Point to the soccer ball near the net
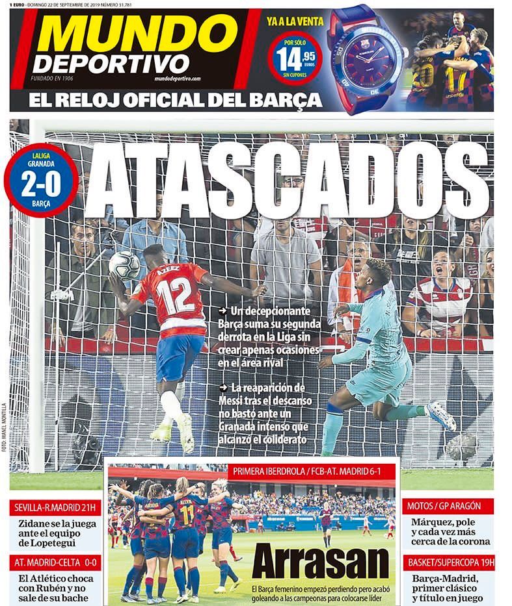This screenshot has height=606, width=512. point(124,266)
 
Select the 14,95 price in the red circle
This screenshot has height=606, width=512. point(296,60)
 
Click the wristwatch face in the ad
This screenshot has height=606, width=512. point(363,57)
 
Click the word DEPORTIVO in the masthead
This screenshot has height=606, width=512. point(111,64)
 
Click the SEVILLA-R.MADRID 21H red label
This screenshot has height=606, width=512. point(55,507)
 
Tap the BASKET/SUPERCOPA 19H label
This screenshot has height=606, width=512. point(449,562)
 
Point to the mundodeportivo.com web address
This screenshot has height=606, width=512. point(178,79)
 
